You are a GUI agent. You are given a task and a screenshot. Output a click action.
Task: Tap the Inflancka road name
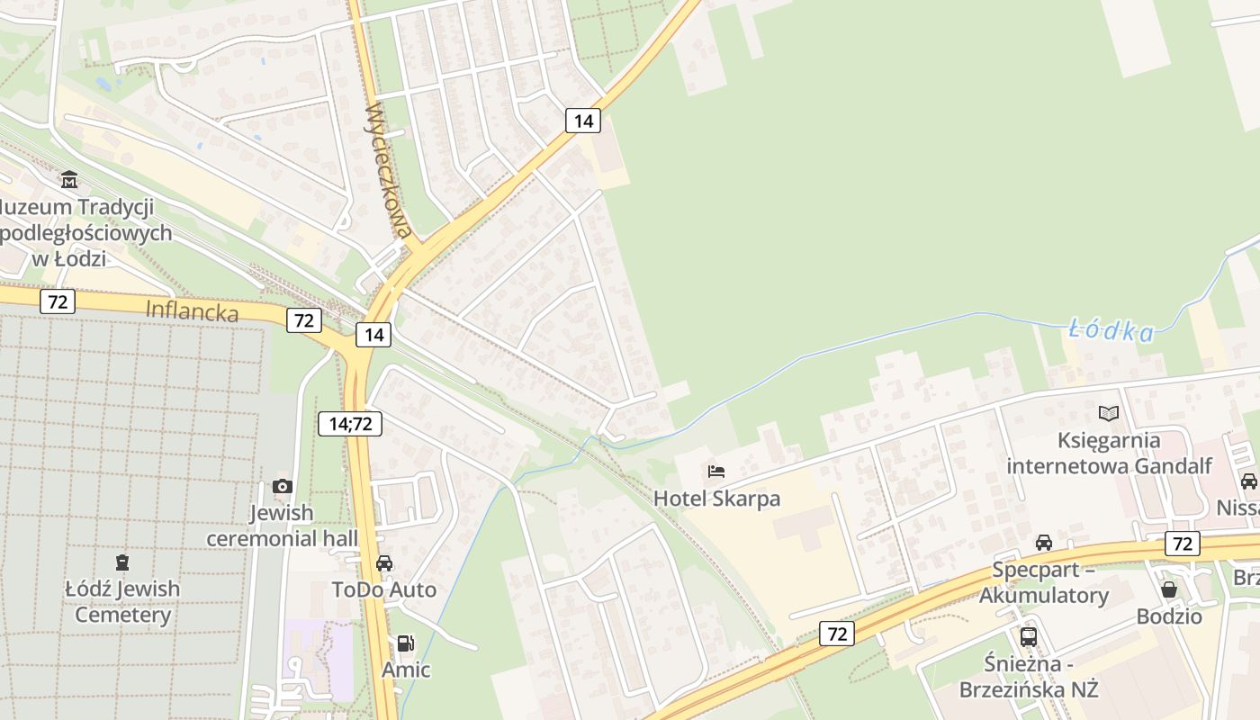click(192, 311)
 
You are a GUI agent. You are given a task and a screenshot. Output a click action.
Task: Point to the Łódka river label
click(1111, 331)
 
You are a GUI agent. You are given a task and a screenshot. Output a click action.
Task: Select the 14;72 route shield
click(350, 423)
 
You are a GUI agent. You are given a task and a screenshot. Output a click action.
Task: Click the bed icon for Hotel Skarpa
click(716, 472)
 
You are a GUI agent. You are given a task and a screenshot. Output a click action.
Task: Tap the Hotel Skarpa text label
click(716, 499)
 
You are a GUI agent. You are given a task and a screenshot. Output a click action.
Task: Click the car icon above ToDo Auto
click(384, 563)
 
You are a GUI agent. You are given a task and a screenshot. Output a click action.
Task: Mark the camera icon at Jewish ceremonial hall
click(283, 487)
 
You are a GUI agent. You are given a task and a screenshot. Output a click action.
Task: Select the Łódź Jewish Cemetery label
click(122, 602)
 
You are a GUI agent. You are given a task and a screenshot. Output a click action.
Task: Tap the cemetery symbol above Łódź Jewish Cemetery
click(122, 562)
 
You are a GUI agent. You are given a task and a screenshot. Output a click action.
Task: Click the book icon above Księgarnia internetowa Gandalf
click(1109, 414)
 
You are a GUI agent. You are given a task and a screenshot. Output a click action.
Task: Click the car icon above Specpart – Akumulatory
click(1044, 543)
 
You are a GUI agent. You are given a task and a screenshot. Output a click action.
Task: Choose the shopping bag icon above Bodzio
click(1169, 589)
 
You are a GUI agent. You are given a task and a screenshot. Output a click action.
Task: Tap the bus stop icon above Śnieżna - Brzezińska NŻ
click(1029, 637)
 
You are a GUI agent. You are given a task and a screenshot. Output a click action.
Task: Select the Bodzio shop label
click(1169, 616)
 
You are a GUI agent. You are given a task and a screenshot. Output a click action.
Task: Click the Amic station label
click(406, 670)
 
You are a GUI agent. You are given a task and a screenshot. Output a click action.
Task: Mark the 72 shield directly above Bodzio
click(1182, 543)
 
